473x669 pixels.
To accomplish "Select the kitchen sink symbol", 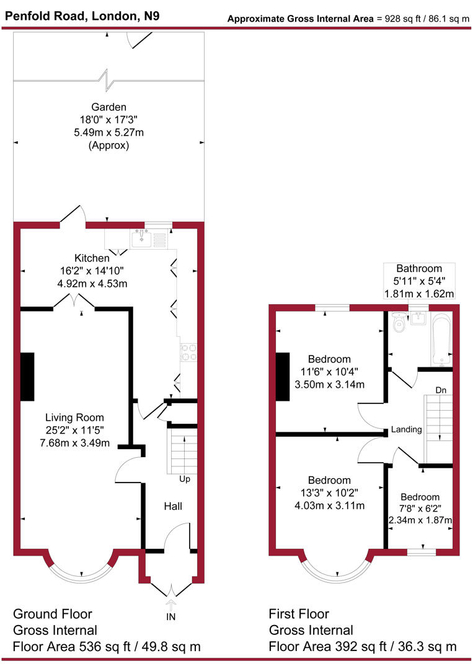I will (x=142, y=237).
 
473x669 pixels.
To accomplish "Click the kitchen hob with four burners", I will (x=188, y=352).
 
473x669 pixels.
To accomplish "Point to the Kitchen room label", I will (x=92, y=258).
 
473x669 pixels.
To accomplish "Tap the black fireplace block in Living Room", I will (x=27, y=377).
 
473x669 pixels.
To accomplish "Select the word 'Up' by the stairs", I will (x=184, y=479).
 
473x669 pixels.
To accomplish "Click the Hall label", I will (x=172, y=506).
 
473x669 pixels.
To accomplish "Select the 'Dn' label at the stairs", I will (x=441, y=390).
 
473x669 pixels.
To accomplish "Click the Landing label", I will (x=407, y=429).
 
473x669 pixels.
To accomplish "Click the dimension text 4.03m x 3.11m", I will (x=329, y=505).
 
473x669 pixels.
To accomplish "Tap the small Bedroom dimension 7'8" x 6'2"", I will (x=420, y=508).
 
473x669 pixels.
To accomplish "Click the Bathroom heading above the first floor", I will (x=420, y=269).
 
